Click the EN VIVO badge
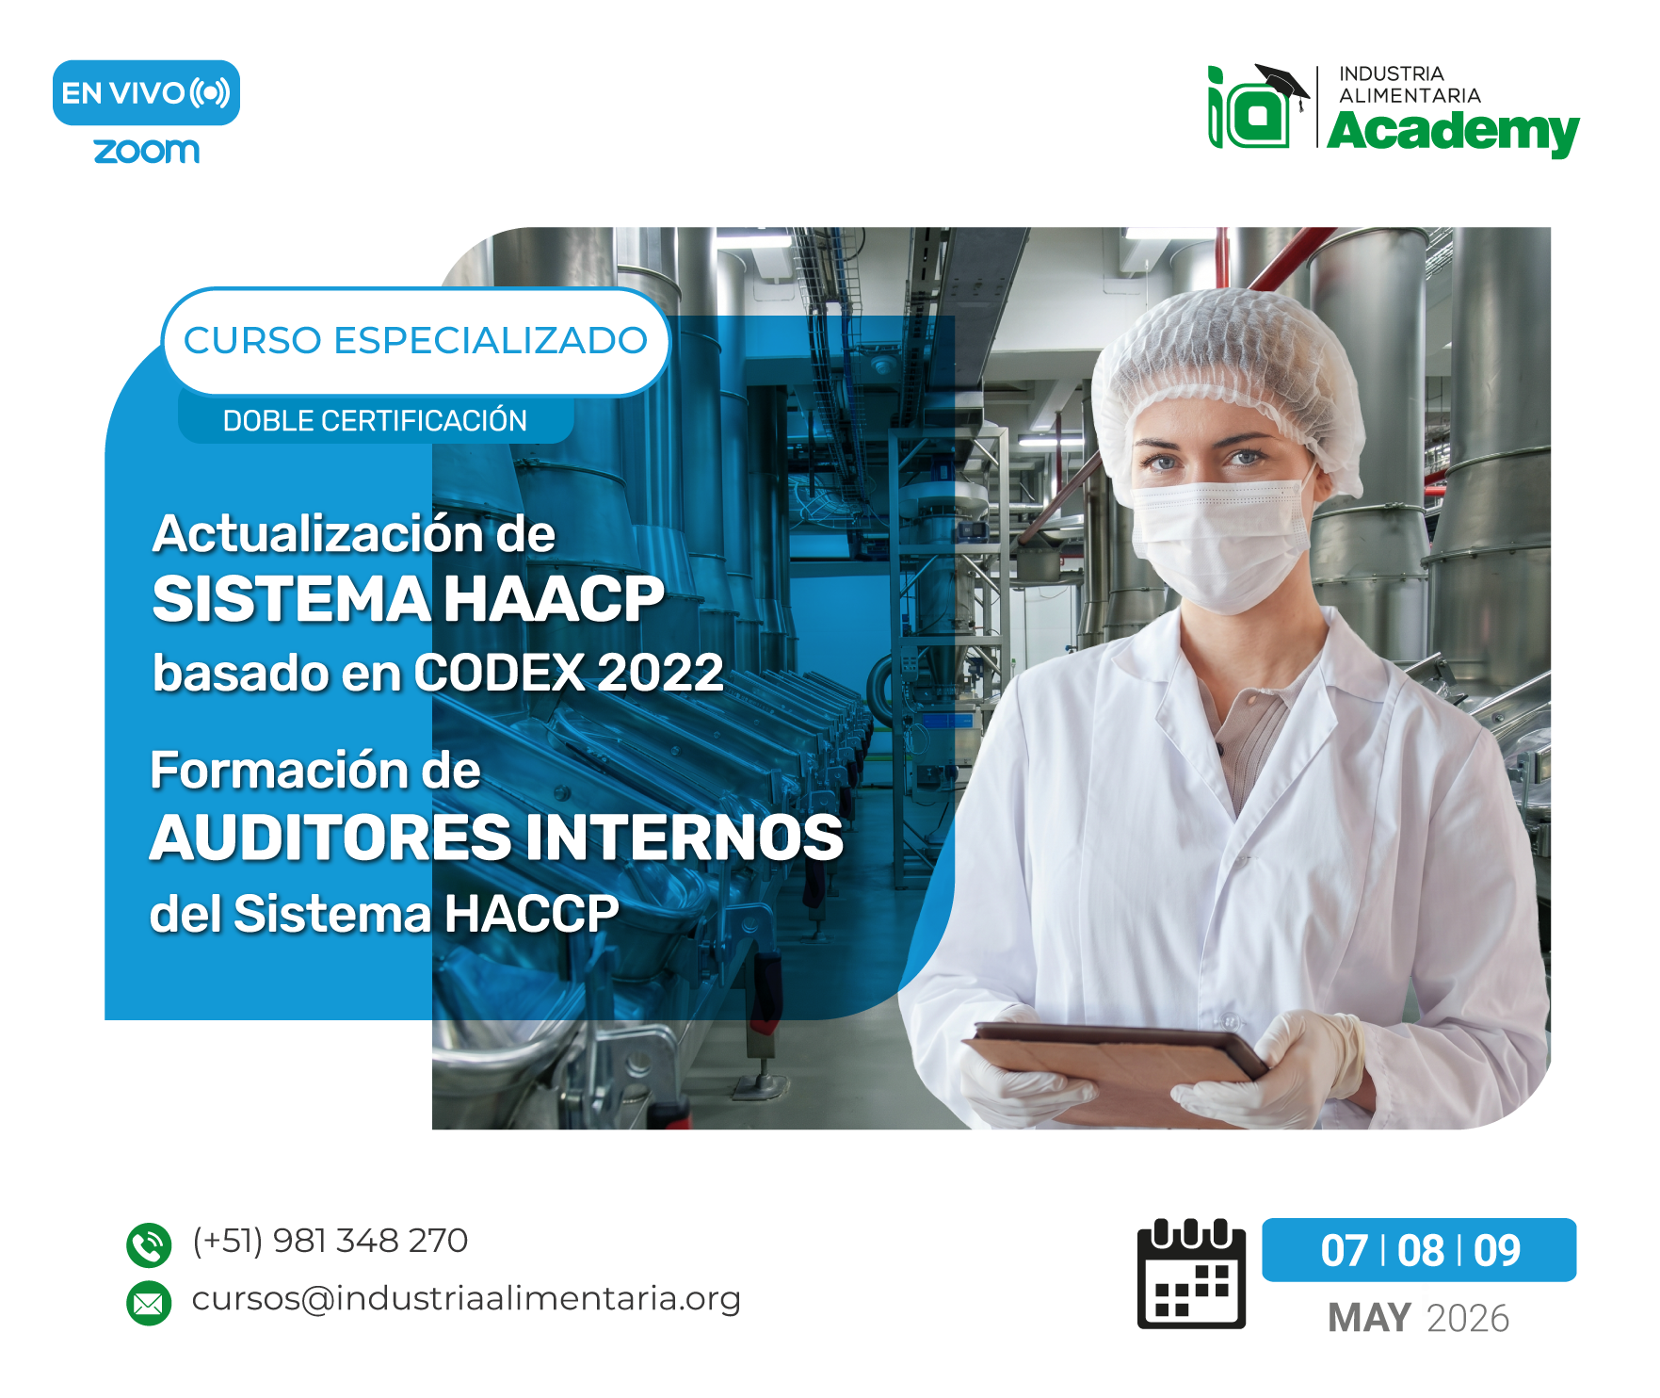[x=146, y=93]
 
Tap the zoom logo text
[x=147, y=151]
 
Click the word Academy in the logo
[x=1452, y=132]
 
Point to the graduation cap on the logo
[x=1282, y=82]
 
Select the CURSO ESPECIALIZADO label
[x=415, y=341]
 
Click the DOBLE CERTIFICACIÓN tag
[x=375, y=421]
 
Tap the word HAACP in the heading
[x=554, y=599]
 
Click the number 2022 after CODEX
[x=660, y=673]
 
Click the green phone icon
[x=149, y=1244]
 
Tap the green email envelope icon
[x=149, y=1303]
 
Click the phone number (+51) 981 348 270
[x=330, y=1241]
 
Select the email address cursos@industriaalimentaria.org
[x=466, y=1298]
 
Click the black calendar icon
[x=1191, y=1274]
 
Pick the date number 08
[x=1420, y=1251]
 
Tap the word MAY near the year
[x=1369, y=1318]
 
